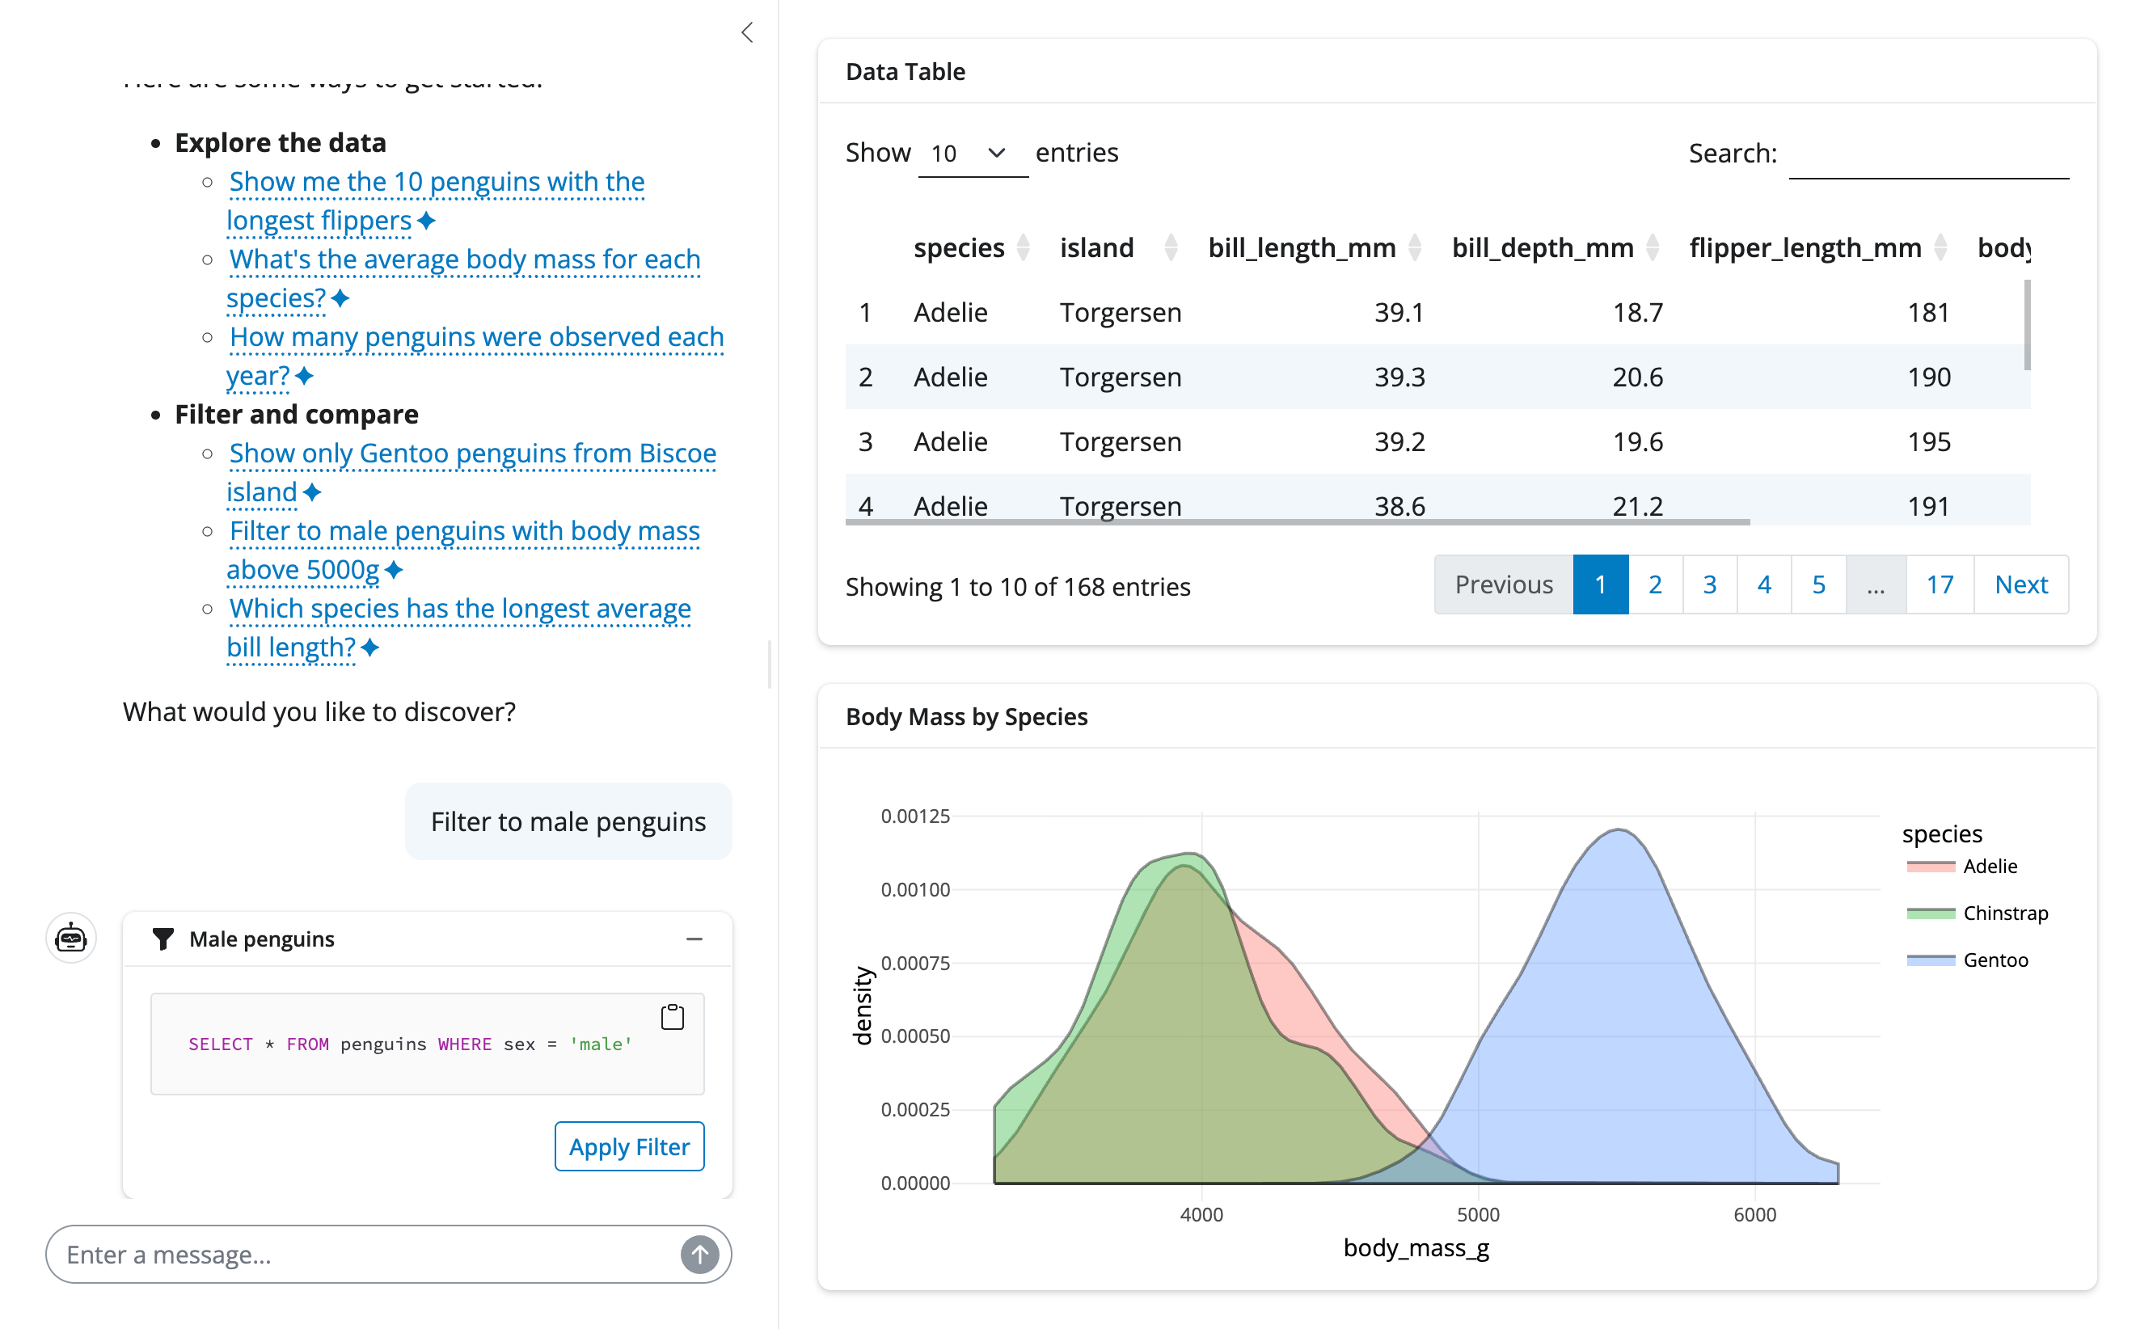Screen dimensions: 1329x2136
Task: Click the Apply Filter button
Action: (x=628, y=1146)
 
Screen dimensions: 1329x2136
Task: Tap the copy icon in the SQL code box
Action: (x=673, y=1017)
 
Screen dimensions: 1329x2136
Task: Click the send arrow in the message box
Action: (x=699, y=1255)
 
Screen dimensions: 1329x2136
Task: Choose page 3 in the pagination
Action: (x=1709, y=584)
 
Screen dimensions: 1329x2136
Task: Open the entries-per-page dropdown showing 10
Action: (x=971, y=154)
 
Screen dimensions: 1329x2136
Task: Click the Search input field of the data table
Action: (x=1927, y=155)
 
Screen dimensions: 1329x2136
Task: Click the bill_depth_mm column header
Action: (x=1542, y=248)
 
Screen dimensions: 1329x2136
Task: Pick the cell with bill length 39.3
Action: (x=1399, y=377)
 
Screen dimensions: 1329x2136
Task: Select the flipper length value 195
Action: (x=1927, y=442)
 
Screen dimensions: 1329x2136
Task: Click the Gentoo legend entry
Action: (x=1995, y=960)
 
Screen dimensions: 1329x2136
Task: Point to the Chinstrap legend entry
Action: (x=2004, y=913)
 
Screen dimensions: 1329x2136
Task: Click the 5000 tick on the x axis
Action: (x=1478, y=1215)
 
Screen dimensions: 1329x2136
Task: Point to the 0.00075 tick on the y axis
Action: (x=915, y=964)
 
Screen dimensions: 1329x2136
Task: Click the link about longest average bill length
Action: (x=459, y=610)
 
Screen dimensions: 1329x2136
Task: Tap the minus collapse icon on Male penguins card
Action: (x=694, y=939)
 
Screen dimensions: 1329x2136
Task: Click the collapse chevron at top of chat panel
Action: (x=747, y=33)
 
